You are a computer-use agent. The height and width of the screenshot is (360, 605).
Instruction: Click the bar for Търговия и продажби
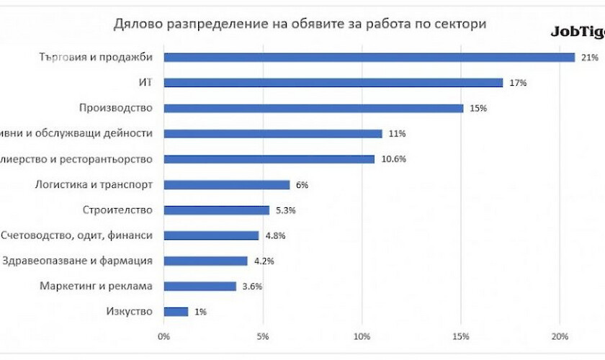click(x=369, y=58)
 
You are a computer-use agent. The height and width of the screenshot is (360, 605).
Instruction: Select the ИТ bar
click(x=333, y=83)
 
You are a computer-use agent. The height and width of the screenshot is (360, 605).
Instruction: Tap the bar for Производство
click(x=313, y=108)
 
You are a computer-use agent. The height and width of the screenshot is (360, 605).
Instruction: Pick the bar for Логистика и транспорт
click(x=226, y=185)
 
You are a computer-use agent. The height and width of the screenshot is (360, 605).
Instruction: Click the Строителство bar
click(x=216, y=210)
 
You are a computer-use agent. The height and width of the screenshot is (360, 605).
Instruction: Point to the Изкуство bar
click(x=176, y=312)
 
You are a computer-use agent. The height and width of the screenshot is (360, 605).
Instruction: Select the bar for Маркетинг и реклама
click(x=200, y=286)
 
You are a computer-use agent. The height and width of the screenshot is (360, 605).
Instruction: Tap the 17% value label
click(x=518, y=83)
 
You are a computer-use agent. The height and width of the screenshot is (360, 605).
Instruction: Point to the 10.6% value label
click(x=393, y=159)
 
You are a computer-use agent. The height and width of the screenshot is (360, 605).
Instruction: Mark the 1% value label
click(x=200, y=312)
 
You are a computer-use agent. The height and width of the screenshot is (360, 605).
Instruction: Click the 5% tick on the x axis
click(x=263, y=336)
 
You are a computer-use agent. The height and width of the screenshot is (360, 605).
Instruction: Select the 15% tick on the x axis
click(x=462, y=336)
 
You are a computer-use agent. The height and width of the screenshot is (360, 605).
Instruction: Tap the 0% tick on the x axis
click(x=164, y=336)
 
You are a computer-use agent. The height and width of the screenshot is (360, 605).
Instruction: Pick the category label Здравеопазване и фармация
click(x=78, y=261)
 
